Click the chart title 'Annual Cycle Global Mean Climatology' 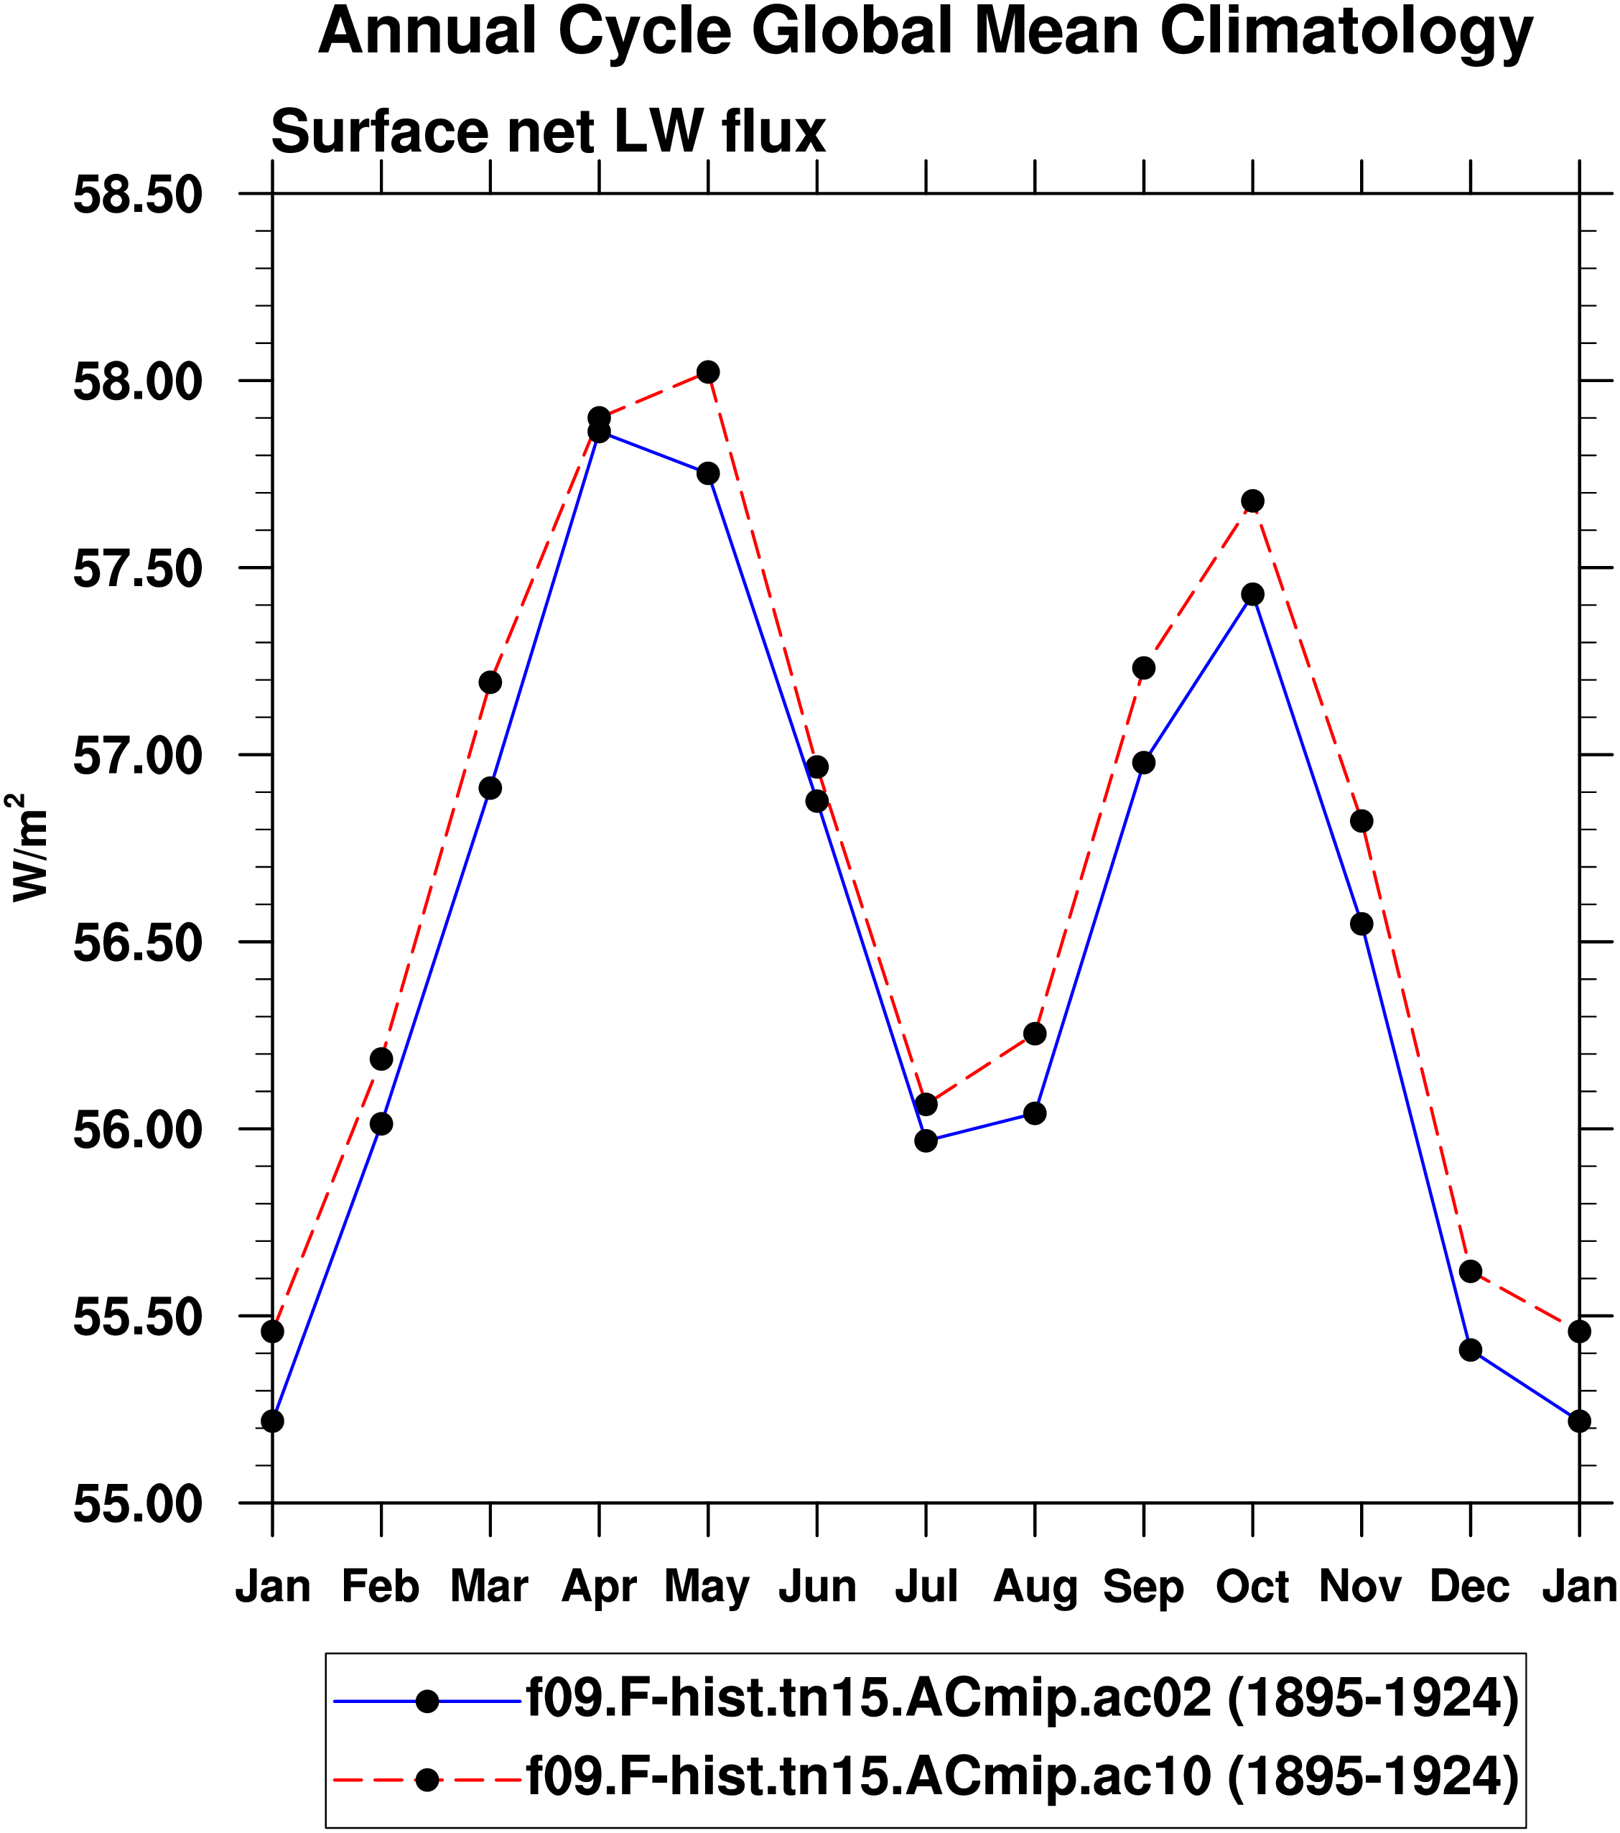pos(924,32)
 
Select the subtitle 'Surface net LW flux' pos(548,132)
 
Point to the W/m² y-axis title pos(29,847)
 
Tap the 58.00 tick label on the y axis pos(137,382)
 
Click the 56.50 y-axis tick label pos(137,943)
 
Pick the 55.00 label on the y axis pos(137,1505)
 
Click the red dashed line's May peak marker pos(708,371)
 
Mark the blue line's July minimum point pos(926,1141)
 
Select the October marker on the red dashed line pos(1252,501)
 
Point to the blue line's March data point pos(490,788)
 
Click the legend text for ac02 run pos(1022,1699)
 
